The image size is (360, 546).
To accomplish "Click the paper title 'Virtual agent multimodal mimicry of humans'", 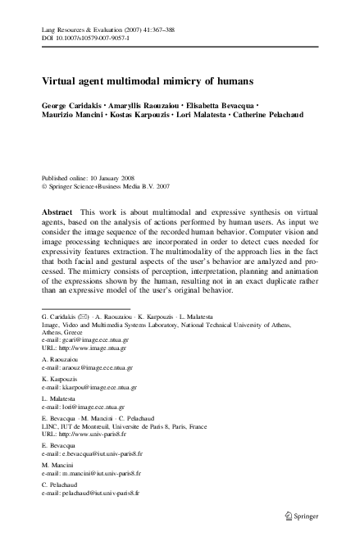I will (x=148, y=82).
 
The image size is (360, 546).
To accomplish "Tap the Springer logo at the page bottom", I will (x=310, y=514).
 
